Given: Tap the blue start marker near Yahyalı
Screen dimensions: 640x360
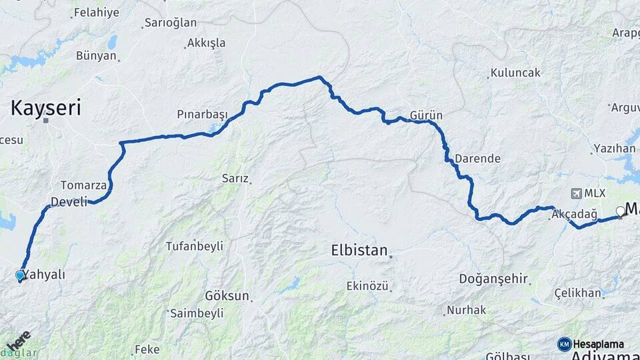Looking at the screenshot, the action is pyautogui.click(x=20, y=275).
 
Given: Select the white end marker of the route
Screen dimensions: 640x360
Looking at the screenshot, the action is pyautogui.click(x=620, y=211).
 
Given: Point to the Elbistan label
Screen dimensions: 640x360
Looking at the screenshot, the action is pyautogui.click(x=359, y=251).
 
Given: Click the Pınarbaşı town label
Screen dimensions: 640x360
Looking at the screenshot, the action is pyautogui.click(x=202, y=114).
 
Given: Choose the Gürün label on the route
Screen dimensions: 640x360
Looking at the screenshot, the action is pyautogui.click(x=426, y=115).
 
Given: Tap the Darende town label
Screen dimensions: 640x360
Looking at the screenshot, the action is pyautogui.click(x=477, y=159).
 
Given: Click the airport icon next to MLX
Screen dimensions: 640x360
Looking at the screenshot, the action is pyautogui.click(x=576, y=193).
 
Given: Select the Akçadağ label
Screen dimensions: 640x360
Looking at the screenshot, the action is pyautogui.click(x=571, y=214).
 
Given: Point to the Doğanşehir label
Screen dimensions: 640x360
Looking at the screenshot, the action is pyautogui.click(x=493, y=279).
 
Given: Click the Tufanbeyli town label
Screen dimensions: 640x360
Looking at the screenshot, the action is pyautogui.click(x=194, y=246).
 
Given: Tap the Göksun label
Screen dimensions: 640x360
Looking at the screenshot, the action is pyautogui.click(x=227, y=295).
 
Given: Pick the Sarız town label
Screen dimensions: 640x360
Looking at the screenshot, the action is pyautogui.click(x=235, y=179).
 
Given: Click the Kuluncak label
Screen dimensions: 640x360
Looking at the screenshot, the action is pyautogui.click(x=515, y=73).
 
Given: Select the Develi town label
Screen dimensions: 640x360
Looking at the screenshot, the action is pyautogui.click(x=69, y=201).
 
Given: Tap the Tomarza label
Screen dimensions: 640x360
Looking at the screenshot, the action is pyautogui.click(x=83, y=185).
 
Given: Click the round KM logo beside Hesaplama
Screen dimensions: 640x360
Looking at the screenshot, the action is pyautogui.click(x=565, y=344).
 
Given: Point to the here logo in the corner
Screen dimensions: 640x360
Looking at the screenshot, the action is pyautogui.click(x=18, y=340).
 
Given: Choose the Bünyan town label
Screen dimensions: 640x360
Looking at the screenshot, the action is pyautogui.click(x=96, y=56).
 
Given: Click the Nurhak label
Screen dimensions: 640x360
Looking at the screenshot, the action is pyautogui.click(x=467, y=310).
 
